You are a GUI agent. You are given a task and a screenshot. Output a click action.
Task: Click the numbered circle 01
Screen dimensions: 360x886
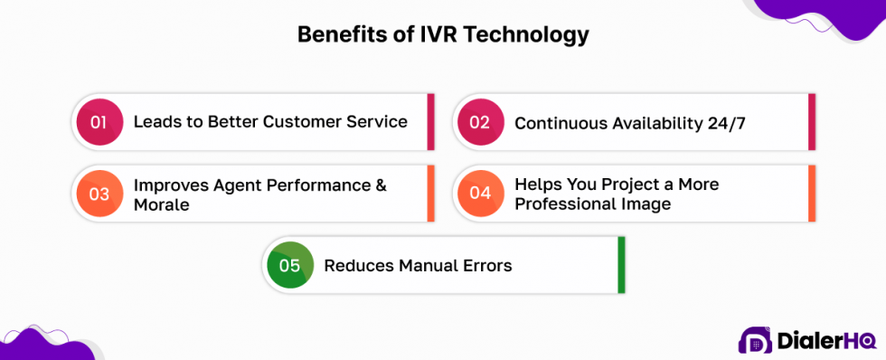[99, 121]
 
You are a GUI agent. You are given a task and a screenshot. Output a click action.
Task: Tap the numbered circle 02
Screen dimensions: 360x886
[480, 122]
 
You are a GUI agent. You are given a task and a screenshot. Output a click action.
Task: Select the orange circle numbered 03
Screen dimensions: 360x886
[99, 193]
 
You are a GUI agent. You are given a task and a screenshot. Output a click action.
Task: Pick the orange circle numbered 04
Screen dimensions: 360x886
[480, 193]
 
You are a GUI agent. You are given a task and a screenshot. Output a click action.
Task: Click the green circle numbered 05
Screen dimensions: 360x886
[289, 265]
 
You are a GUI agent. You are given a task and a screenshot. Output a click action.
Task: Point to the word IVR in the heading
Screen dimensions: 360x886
[432, 34]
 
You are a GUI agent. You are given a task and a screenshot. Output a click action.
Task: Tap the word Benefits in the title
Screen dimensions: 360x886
[340, 34]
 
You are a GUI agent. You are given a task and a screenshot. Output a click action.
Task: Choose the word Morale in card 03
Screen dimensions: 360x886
[160, 204]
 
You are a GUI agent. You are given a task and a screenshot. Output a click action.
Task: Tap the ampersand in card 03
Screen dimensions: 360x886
[380, 185]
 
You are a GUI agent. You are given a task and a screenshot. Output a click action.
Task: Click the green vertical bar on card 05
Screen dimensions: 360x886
[621, 265]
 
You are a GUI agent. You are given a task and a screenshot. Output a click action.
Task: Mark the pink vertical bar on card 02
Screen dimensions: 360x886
[812, 122]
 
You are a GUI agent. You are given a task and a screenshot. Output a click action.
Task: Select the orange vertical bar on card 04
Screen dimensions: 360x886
[812, 193]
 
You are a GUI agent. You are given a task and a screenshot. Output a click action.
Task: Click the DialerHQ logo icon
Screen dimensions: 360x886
[755, 340]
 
